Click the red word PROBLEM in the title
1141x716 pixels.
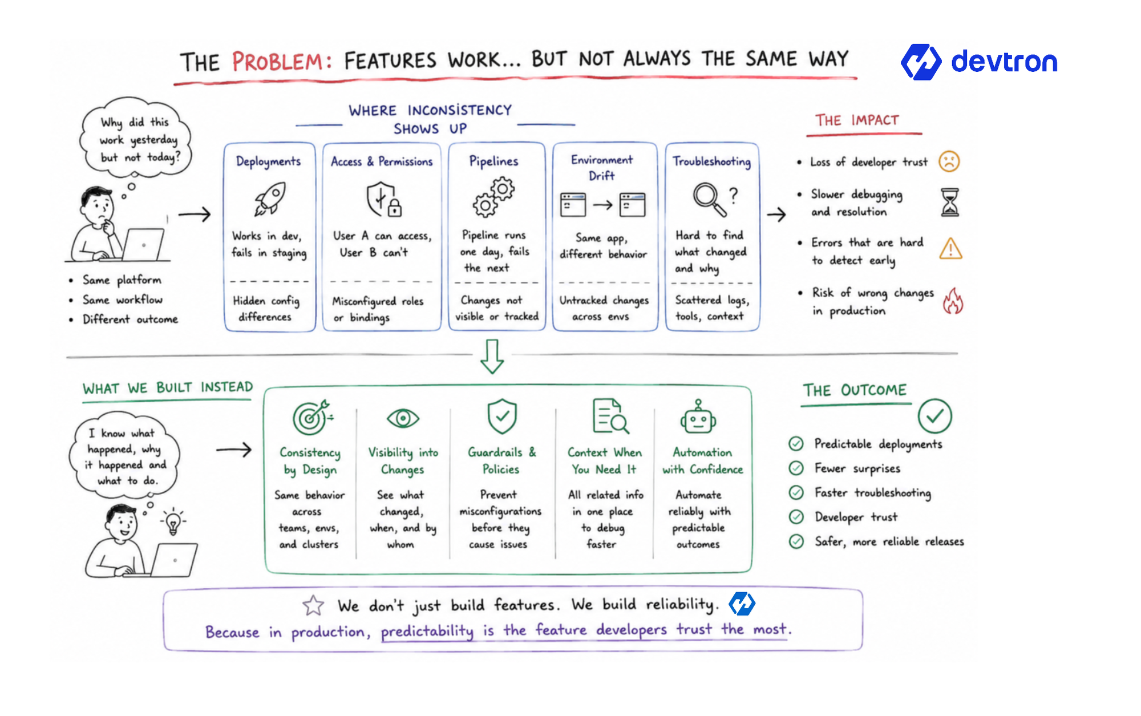[282, 61]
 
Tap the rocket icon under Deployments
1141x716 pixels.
[269, 199]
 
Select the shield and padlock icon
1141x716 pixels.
[383, 199]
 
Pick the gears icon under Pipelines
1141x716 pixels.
[493, 197]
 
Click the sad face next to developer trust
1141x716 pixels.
[949, 161]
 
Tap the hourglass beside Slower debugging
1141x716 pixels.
[950, 203]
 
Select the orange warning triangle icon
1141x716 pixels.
[950, 249]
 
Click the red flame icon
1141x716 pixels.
[952, 301]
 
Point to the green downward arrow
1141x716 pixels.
[492, 357]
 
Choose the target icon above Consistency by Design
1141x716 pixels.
[311, 417]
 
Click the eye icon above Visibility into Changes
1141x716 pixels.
[403, 419]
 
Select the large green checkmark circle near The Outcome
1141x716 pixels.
[934, 416]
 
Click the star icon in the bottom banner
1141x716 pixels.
[313, 605]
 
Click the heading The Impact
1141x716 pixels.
[857, 120]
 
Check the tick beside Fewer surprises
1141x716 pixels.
[796, 468]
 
